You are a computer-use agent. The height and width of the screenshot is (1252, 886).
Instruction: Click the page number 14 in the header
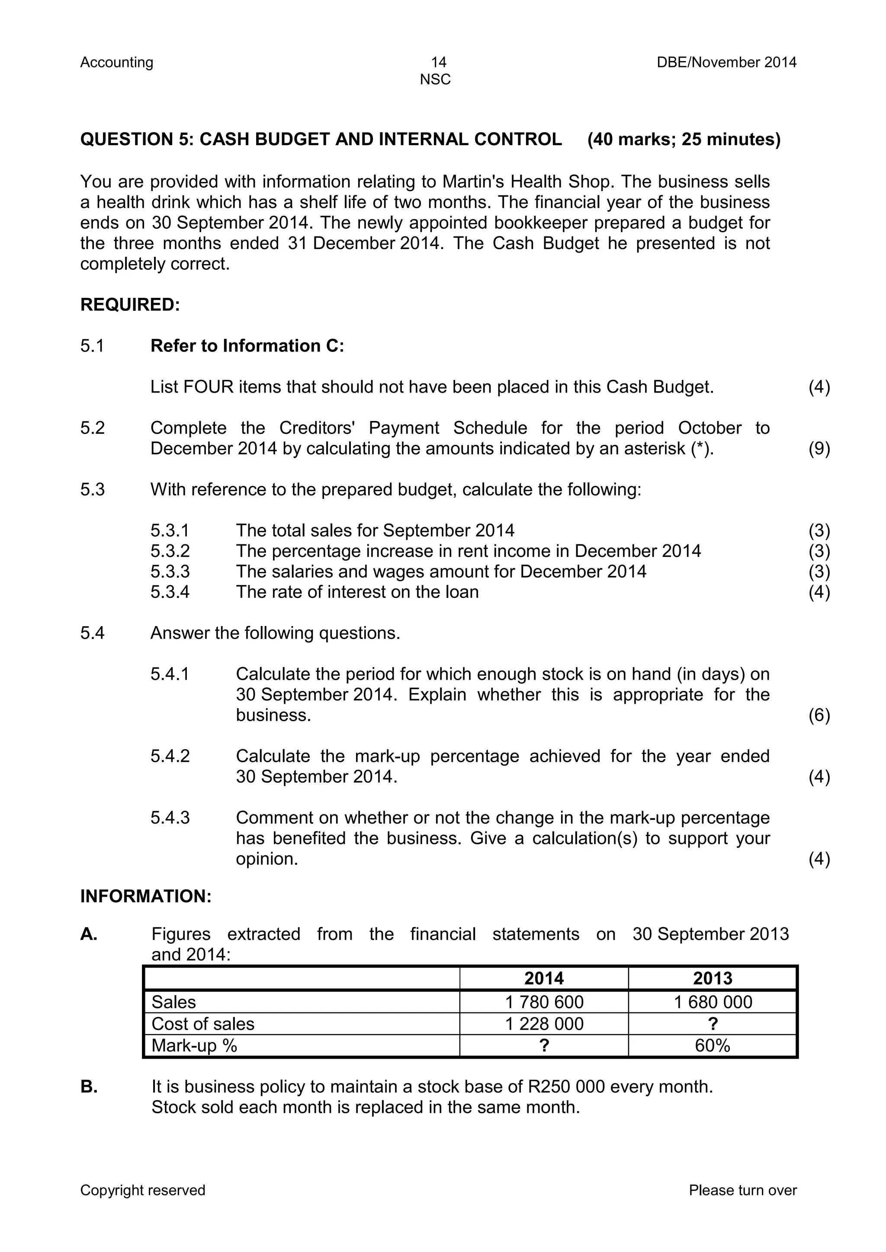tap(438, 62)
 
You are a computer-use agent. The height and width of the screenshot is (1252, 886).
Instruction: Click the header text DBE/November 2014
tap(726, 63)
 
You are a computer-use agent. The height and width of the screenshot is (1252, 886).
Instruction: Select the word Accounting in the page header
tap(117, 63)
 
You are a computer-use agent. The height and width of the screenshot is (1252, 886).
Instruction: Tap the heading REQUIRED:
tap(130, 305)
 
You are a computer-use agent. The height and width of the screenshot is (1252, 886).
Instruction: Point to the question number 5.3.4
tap(170, 592)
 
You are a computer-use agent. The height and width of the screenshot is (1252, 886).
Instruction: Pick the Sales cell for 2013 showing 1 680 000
tap(713, 1002)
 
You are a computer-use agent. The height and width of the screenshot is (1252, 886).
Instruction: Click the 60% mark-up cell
tap(713, 1046)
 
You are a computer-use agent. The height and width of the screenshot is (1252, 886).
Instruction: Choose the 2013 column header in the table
tap(713, 979)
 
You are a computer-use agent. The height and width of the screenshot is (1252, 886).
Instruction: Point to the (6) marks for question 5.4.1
tap(819, 715)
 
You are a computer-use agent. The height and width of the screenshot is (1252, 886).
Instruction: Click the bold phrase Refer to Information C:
tap(247, 346)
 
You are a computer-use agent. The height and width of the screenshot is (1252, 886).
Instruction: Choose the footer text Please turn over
tap(742, 1190)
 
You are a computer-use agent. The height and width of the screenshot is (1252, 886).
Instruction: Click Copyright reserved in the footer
tap(143, 1190)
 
